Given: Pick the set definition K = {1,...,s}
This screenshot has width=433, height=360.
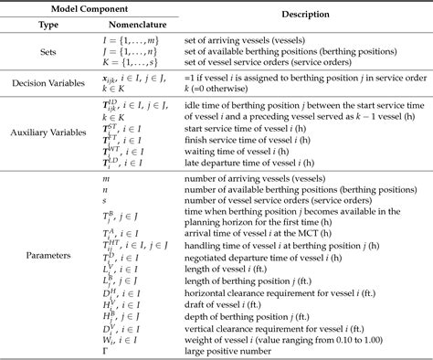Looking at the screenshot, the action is pyautogui.click(x=124, y=64).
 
